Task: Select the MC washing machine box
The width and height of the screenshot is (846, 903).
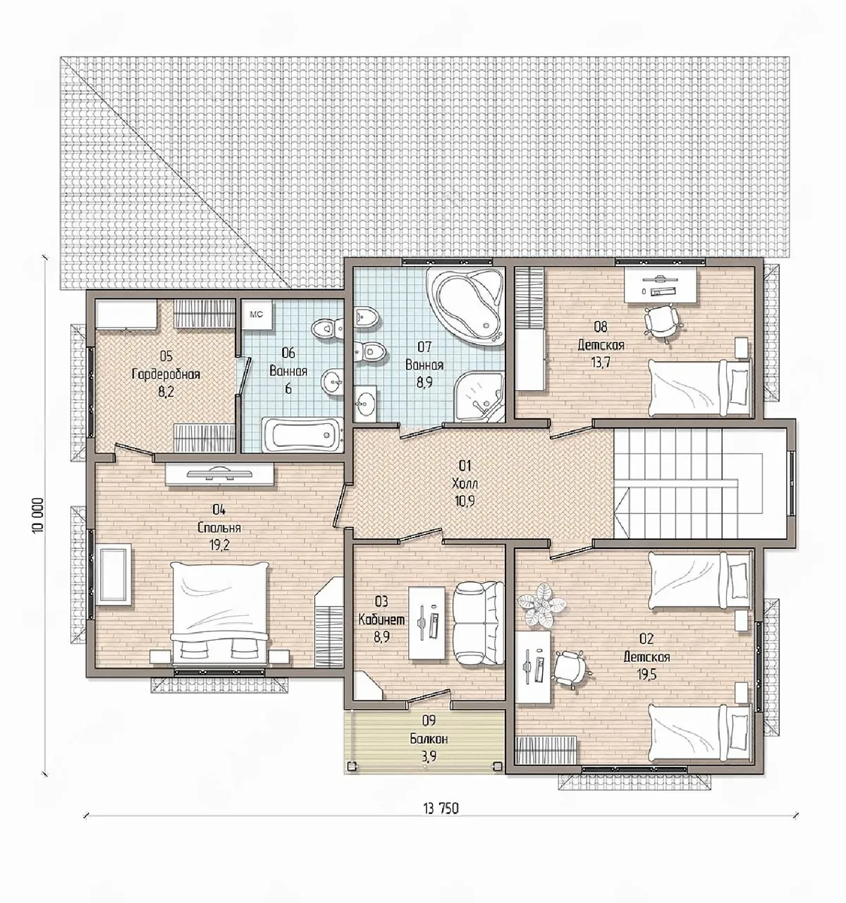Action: pos(257,314)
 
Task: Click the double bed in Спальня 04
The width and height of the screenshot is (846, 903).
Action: pos(220,613)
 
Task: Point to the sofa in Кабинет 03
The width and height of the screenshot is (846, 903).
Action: pos(478,623)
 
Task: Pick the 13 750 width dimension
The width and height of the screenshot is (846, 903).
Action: pos(441,808)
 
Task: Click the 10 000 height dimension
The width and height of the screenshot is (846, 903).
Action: pos(38,514)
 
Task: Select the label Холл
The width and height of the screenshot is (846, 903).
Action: pos(465,483)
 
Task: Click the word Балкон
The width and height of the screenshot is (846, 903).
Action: pos(429,739)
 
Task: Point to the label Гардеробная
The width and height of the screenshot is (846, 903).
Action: pos(166,374)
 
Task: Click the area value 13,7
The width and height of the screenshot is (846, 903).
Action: pos(601,362)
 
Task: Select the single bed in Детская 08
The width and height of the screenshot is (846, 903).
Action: pos(699,387)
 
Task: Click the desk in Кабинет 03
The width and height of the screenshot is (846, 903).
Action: pos(427,622)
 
